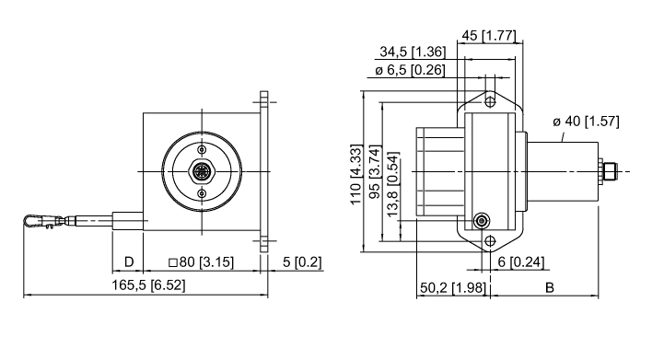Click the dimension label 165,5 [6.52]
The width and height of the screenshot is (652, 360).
point(148,285)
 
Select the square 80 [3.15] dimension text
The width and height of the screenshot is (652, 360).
point(202,262)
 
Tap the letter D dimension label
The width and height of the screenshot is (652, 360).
point(129,262)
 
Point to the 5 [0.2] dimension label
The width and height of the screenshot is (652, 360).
point(302,262)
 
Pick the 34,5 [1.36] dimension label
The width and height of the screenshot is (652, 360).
point(413,52)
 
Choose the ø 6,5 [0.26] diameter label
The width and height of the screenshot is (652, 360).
point(410,70)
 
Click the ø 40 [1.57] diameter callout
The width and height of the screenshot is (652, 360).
point(586,122)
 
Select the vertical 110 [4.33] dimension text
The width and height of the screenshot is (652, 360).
point(356,175)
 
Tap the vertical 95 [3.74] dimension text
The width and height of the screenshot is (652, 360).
point(375,172)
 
